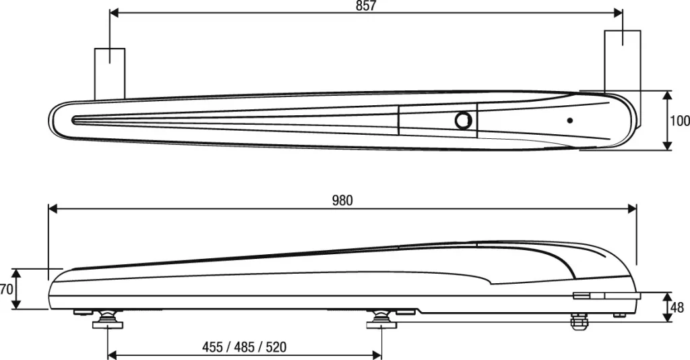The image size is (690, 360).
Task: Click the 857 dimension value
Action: pyautogui.click(x=366, y=6)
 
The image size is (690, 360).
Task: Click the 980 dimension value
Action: pyautogui.click(x=342, y=200)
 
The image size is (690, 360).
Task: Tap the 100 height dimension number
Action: pyautogui.click(x=680, y=121)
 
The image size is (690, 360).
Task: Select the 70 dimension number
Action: pyautogui.click(x=6, y=289)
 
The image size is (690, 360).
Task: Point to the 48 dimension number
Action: pyautogui.click(x=677, y=307)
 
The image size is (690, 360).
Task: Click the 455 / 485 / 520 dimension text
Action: pyautogui.click(x=244, y=347)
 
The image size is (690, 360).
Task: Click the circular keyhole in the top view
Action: pyautogui.click(x=463, y=121)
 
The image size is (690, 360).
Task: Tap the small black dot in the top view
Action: pyautogui.click(x=570, y=121)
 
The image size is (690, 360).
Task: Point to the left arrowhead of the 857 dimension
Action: pyautogui.click(x=114, y=13)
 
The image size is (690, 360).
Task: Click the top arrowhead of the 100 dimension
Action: pyautogui.click(x=667, y=95)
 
